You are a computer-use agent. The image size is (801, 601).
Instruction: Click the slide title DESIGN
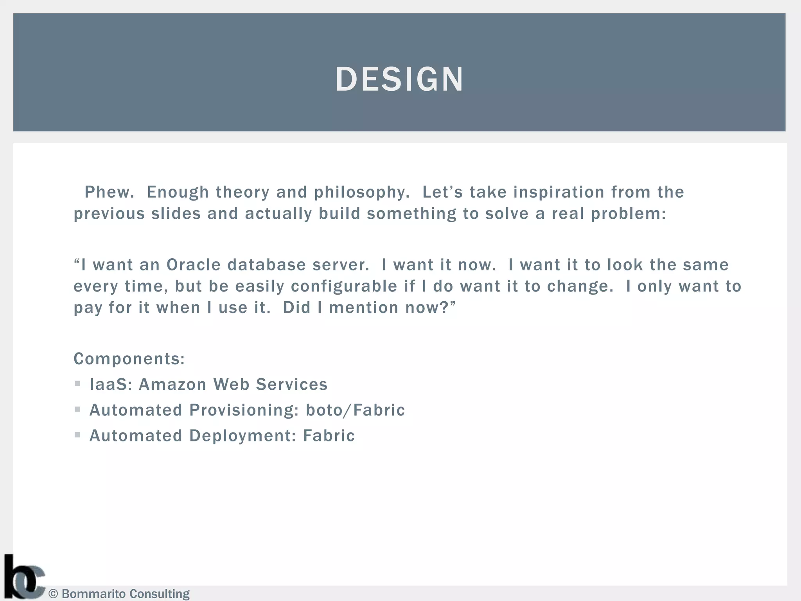coord(399,79)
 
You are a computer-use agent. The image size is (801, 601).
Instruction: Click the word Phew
coord(109,192)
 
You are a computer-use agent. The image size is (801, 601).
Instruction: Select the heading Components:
coord(129,359)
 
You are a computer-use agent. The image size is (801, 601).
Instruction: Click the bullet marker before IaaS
coord(77,384)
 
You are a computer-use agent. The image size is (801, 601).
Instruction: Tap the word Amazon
coord(172,384)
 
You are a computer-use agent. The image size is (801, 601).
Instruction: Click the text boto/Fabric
coord(355,410)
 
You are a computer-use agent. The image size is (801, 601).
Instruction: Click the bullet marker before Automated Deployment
coord(77,435)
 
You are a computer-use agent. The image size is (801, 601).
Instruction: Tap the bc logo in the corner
coord(23,577)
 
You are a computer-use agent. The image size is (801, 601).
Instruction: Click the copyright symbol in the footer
coord(53,594)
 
